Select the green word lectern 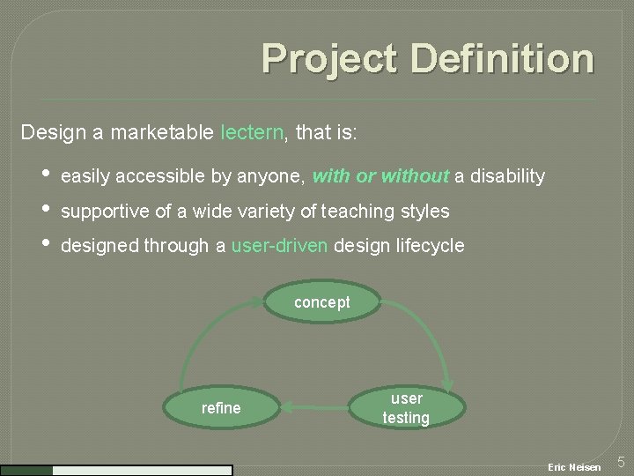coord(252,133)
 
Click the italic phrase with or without coord(380,176)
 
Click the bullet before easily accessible coord(46,176)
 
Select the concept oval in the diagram coord(322,302)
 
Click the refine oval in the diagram coord(221,408)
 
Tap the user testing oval coord(406,408)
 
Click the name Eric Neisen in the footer coord(574,466)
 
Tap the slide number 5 coord(620,462)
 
